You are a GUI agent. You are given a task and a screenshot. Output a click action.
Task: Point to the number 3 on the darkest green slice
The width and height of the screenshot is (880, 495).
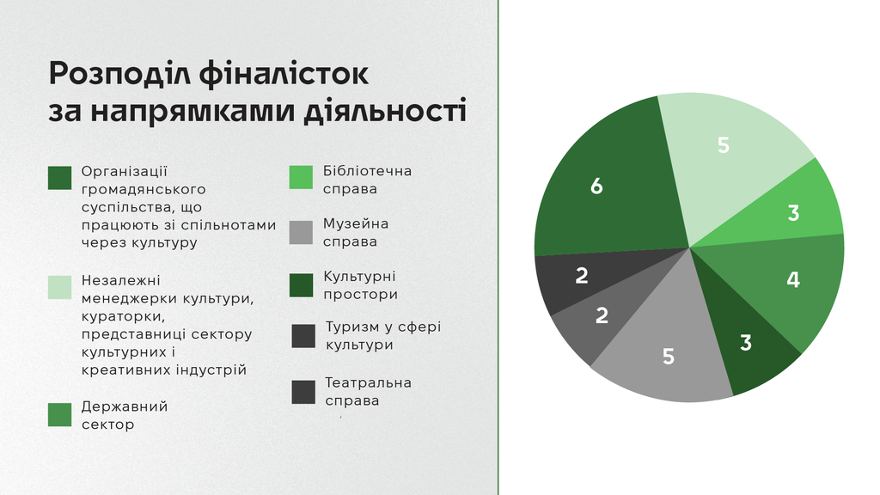pos(745,342)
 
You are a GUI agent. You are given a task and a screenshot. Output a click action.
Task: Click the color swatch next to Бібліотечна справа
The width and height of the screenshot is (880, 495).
pos(301,177)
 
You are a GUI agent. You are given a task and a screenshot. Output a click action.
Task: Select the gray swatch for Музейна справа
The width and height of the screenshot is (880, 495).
pos(301,232)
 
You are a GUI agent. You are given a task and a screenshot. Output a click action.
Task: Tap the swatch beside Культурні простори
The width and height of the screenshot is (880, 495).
pos(301,285)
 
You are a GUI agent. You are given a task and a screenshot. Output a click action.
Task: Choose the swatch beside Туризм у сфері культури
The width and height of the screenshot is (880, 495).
pos(303,336)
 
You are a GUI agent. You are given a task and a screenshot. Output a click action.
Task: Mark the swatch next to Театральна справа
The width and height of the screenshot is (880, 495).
pos(303,392)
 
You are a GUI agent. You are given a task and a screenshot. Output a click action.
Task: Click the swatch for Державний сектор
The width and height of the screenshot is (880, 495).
pos(59,415)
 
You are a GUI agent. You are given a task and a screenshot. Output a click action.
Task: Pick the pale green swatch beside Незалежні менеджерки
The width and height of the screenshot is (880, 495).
pos(59,287)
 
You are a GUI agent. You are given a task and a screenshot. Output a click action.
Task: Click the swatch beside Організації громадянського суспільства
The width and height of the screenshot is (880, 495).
pos(59,178)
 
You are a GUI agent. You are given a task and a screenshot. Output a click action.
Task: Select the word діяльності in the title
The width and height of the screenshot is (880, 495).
pos(385,111)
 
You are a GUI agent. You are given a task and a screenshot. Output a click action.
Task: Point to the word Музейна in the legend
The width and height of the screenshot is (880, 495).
pos(356,224)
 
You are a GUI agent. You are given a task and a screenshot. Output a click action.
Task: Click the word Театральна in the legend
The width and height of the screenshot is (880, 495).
pos(368,382)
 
